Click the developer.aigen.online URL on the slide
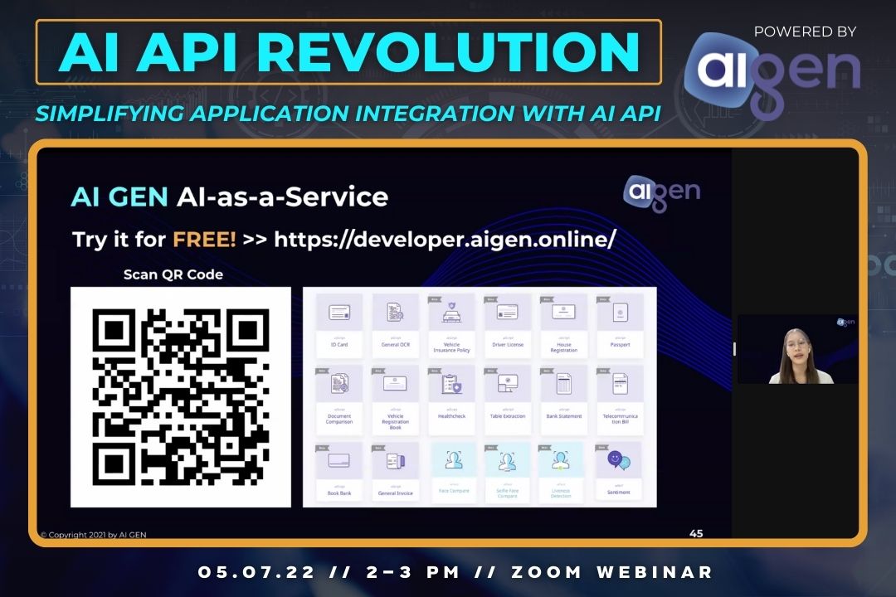(445, 239)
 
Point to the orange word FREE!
(204, 239)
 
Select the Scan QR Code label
(173, 274)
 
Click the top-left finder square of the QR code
(113, 329)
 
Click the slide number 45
(696, 533)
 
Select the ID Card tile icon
(339, 313)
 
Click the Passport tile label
(620, 344)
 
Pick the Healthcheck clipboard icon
(451, 384)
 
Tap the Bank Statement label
(564, 416)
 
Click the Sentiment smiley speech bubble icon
(619, 459)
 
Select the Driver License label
(508, 344)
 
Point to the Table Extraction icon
(508, 384)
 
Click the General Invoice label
(395, 493)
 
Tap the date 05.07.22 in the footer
(240, 572)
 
